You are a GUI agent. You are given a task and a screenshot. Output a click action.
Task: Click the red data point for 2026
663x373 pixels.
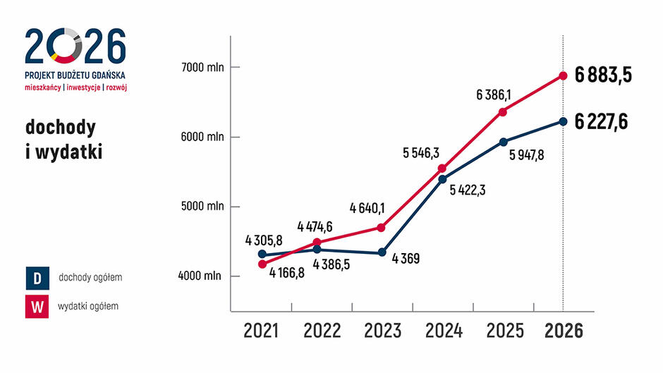(x=563, y=75)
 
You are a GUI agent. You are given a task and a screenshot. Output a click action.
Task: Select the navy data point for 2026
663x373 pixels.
(x=563, y=121)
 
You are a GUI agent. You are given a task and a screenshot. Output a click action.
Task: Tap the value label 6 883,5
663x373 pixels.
(x=602, y=76)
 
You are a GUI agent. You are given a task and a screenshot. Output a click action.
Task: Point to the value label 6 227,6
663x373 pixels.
(x=602, y=121)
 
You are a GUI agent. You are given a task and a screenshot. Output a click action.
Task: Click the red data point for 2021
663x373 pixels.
(x=262, y=264)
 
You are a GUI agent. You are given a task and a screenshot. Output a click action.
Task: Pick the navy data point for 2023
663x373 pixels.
(x=382, y=252)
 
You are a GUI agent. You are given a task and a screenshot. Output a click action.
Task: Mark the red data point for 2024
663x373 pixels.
(x=442, y=169)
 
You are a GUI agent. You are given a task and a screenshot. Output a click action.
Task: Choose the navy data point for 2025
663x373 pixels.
(x=503, y=142)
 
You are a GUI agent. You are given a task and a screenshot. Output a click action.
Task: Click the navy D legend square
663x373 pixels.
(x=37, y=278)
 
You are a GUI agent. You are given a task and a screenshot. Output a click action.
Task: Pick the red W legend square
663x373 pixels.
(x=37, y=307)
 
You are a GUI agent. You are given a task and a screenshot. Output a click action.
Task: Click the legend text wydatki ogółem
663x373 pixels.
(x=88, y=306)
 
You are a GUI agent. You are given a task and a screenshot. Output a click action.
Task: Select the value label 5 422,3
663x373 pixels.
(x=469, y=189)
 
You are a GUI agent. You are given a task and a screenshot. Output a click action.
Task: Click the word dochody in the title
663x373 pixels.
(x=61, y=128)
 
